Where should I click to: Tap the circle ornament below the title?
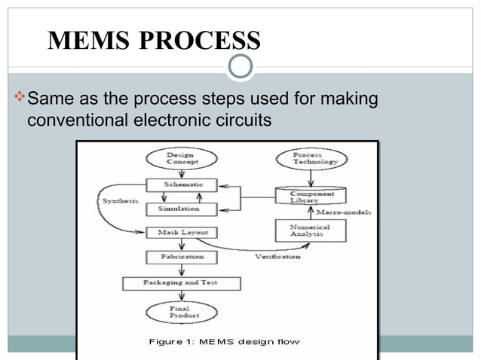click(x=240, y=68)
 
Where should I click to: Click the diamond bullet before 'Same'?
click(x=20, y=98)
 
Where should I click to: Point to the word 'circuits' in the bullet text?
click(x=243, y=121)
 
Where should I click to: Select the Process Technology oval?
click(x=308, y=159)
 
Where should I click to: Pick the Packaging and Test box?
click(x=181, y=283)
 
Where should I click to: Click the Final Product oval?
click(x=179, y=311)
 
